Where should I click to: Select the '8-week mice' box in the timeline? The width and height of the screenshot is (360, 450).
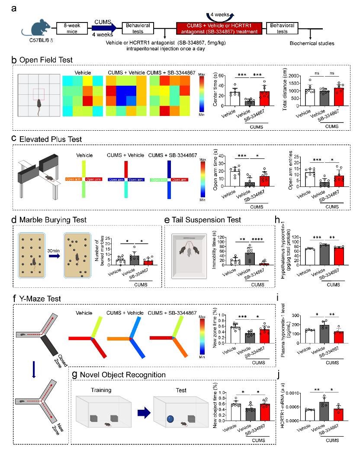71,29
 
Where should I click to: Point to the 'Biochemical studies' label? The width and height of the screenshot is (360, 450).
310,43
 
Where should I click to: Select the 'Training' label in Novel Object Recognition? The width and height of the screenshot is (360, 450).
101,390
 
